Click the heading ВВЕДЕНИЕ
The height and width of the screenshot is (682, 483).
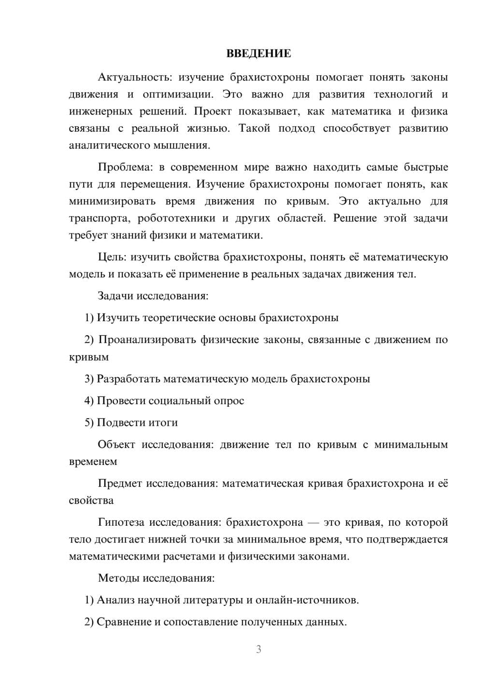tap(258, 54)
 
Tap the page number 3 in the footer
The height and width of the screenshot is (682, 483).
tap(258, 649)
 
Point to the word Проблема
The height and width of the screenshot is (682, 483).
tap(124, 167)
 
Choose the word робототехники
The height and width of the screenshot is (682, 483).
tap(176, 218)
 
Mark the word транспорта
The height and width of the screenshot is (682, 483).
tap(99, 218)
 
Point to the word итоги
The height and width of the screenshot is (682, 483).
tap(162, 423)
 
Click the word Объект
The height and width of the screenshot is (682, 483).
tap(116, 445)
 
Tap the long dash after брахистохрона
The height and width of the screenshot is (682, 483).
tap(313, 522)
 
